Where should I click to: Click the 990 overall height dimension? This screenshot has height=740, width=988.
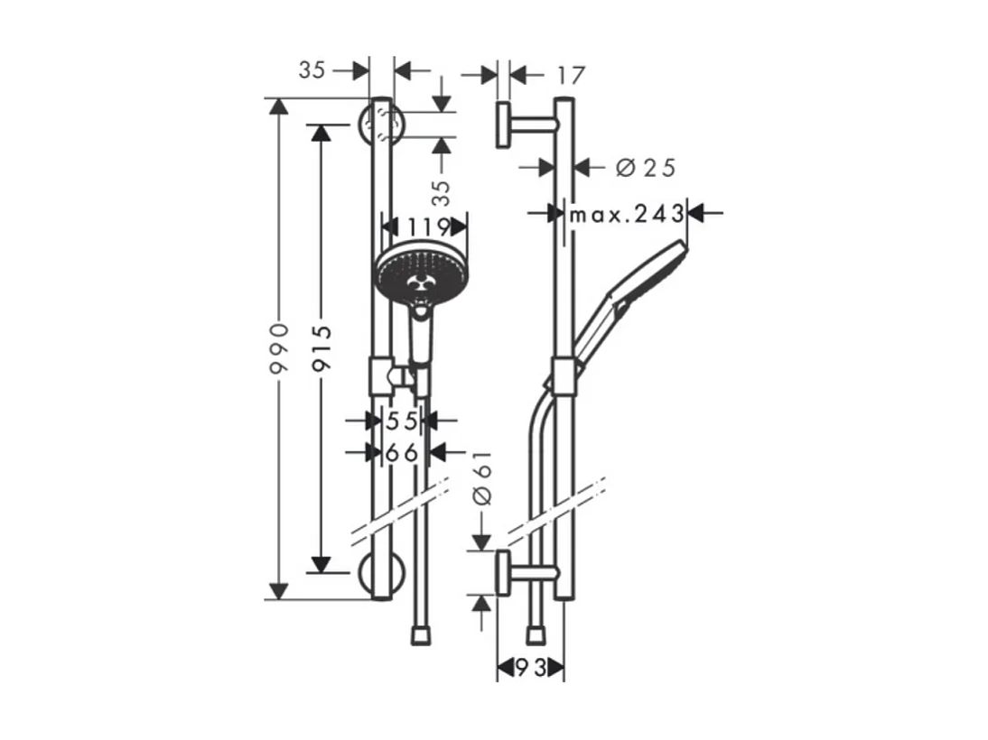coord(281,347)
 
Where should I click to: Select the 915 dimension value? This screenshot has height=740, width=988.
coord(322,347)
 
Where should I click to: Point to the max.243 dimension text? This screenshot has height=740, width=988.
coord(625,214)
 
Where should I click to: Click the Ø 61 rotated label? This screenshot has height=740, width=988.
coord(482,477)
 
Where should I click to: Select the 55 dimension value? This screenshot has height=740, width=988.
coord(403,420)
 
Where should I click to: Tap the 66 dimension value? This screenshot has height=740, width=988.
coord(403,452)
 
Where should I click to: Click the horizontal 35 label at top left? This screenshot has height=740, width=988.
coord(312,70)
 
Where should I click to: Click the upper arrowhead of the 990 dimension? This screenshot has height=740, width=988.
coord(280,106)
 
